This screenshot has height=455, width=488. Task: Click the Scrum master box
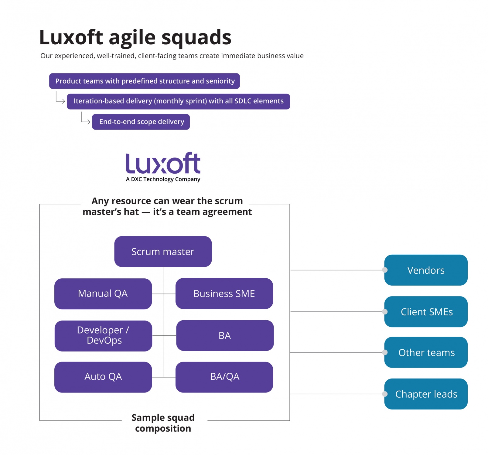coord(163,252)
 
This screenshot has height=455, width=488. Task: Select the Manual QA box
coord(103,294)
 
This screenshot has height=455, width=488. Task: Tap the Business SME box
coord(224,294)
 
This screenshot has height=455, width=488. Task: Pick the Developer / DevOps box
coord(103,336)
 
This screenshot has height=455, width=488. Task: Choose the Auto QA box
coord(103,377)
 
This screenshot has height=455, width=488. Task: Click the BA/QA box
coord(224,377)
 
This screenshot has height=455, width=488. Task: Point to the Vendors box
coord(426,270)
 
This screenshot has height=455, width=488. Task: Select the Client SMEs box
coord(426,312)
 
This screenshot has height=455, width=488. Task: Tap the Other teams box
coord(426,352)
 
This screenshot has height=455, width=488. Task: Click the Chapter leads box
coord(426,394)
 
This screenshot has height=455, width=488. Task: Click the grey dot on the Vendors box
coord(385,270)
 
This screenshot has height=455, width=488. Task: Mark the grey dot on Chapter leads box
coord(385,394)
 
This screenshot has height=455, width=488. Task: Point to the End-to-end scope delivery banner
coord(141,122)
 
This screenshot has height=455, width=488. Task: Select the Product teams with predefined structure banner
coord(145,81)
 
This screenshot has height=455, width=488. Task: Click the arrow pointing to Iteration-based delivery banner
coord(60,98)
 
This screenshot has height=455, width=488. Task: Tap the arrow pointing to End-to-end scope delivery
coord(85,119)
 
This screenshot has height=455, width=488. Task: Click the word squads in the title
coord(196,38)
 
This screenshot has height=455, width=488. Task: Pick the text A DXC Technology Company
coord(163,179)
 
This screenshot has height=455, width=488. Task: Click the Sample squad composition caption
coord(163,423)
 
